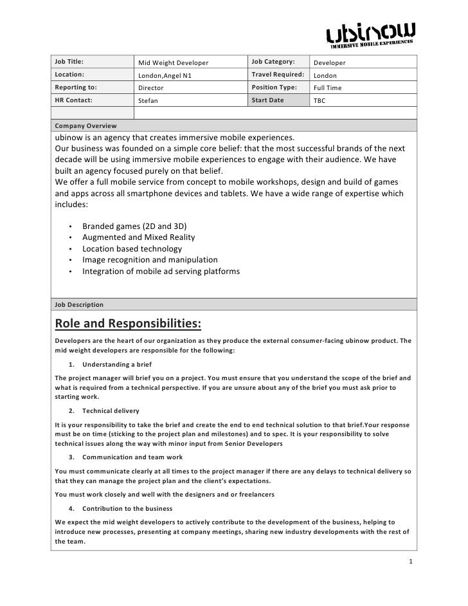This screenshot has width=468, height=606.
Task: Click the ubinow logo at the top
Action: pyautogui.click(x=371, y=35)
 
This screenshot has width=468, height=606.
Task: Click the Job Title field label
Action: pyautogui.click(x=70, y=62)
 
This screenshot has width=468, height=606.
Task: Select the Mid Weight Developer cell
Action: pyautogui.click(x=174, y=62)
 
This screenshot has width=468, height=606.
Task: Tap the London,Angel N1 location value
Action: pyautogui.click(x=165, y=75)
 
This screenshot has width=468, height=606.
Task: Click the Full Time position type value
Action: pyautogui.click(x=327, y=87)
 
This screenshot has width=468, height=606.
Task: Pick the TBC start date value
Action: pyautogui.click(x=319, y=100)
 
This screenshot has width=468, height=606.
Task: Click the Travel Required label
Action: pyautogui.click(x=277, y=75)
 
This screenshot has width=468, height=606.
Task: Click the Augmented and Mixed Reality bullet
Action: pyautogui.click(x=138, y=237)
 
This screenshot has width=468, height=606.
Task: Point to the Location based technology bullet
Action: pyautogui.click(x=132, y=249)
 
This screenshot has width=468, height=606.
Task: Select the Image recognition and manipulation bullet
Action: pyautogui.click(x=150, y=260)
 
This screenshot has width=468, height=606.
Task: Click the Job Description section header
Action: pyautogui.click(x=80, y=304)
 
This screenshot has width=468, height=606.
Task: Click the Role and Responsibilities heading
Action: pyautogui.click(x=129, y=322)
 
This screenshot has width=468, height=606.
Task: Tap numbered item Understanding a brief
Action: pyautogui.click(x=119, y=365)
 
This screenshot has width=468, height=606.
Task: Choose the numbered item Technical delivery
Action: pyautogui.click(x=111, y=410)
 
